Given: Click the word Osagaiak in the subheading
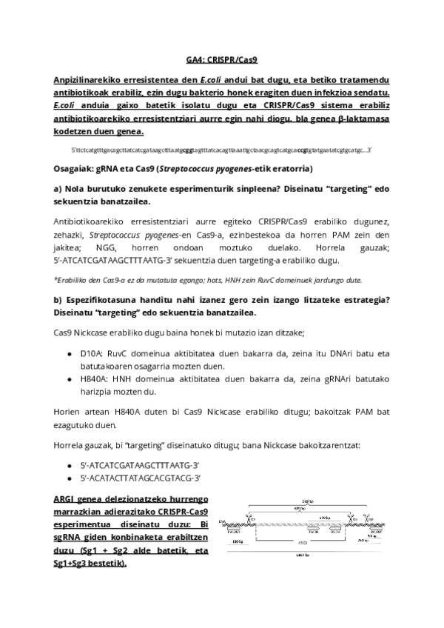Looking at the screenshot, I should coord(75,167).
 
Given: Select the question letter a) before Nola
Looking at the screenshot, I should coord(58,187).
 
